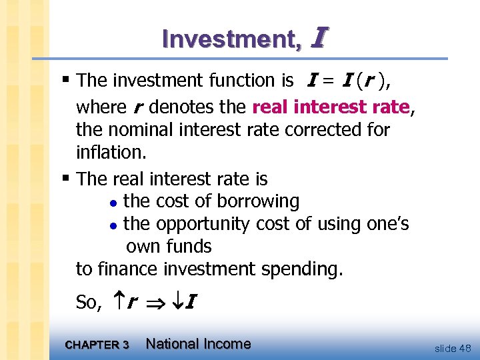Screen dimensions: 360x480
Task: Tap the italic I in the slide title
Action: pos(317,38)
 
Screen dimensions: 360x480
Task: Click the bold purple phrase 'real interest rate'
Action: pos(331,107)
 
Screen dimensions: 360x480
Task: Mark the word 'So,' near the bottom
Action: pos(89,303)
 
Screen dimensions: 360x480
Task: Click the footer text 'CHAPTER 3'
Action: pos(97,345)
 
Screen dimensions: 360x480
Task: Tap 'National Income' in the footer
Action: pos(198,344)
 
